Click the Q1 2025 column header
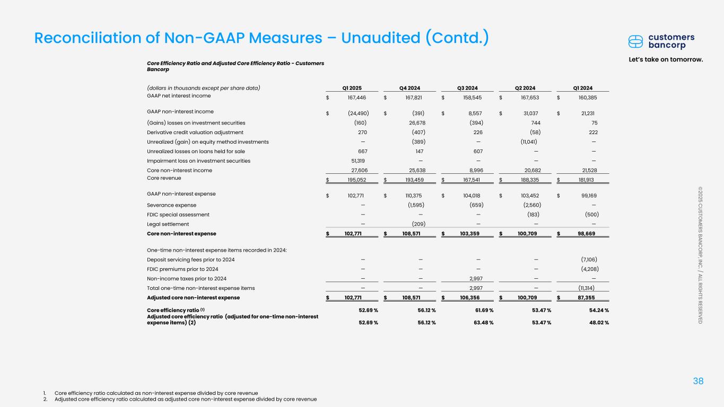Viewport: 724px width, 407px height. tap(352, 88)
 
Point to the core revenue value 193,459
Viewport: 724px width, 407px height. tap(417, 179)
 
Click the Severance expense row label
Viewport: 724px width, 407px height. tap(171, 205)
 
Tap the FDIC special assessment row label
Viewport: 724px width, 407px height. tap(178, 215)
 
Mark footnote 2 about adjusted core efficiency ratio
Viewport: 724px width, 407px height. tap(186, 399)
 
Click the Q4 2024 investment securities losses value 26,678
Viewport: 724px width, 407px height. tap(417, 122)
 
